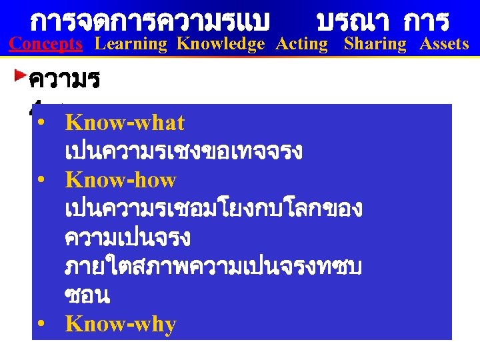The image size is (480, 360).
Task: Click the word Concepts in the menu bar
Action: (45, 44)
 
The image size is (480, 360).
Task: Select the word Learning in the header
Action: (131, 44)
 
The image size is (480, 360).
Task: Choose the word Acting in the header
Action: (302, 44)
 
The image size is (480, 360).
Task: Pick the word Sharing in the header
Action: (375, 44)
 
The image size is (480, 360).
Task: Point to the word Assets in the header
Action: (444, 44)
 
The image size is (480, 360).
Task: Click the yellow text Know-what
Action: (125, 123)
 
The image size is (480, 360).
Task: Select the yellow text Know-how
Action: (121, 180)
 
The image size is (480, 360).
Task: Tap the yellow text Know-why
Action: (121, 325)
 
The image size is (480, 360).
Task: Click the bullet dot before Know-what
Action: (41, 124)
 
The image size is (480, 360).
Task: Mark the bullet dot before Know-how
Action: (41, 181)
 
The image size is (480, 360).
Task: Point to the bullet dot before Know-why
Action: (41, 325)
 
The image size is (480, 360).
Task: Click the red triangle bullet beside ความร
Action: (21, 71)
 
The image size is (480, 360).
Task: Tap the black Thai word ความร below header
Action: (64, 81)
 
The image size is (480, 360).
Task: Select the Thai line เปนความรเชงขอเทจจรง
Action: (184, 152)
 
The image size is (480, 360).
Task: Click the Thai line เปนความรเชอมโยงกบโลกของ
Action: (213, 209)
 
